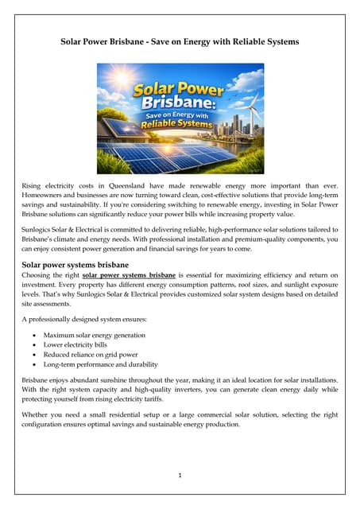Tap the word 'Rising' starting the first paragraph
click(33, 185)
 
